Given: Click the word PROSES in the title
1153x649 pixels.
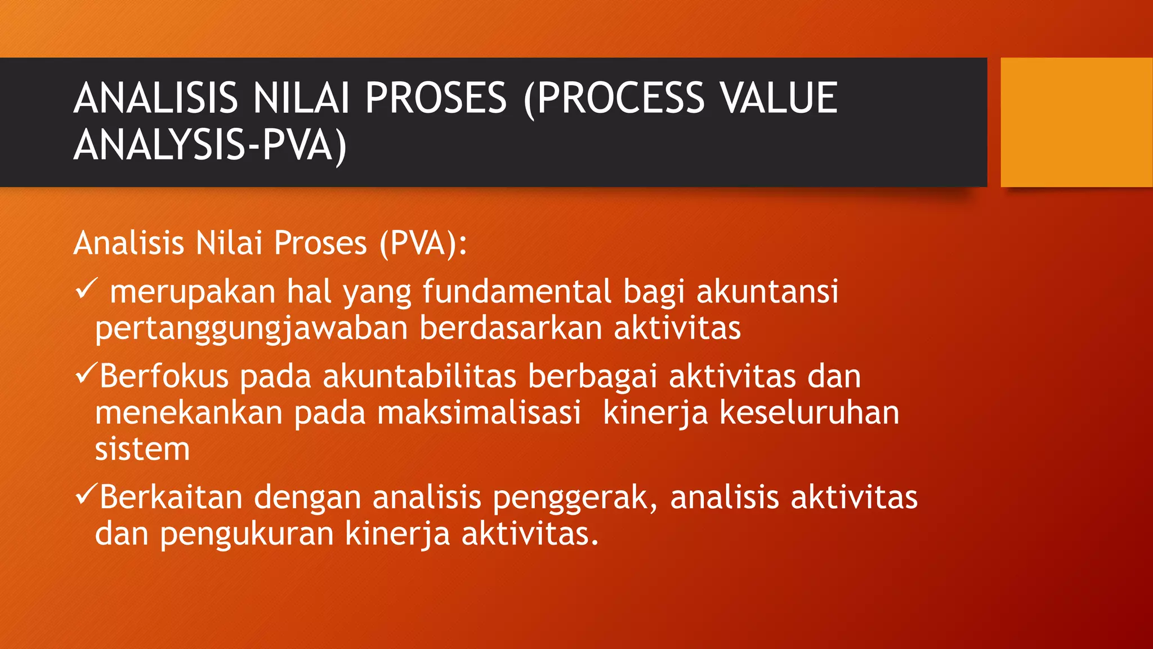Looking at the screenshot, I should pos(436,98).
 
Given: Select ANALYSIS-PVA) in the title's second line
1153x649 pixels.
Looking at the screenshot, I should pos(210,146).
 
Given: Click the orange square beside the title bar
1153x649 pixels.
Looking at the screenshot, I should pos(1076,122).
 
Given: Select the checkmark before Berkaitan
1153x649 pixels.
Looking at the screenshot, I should pos(86,495).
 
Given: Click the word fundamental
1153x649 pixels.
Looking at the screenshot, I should pos(517,292).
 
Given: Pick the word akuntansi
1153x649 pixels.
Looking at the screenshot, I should pos(767,292).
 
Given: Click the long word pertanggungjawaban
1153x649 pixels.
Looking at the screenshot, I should pos(251,329).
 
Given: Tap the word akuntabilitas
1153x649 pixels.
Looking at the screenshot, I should pos(419,376).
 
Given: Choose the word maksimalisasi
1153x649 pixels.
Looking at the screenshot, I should pos(479,413).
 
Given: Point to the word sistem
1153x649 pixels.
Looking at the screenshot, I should pos(142,450).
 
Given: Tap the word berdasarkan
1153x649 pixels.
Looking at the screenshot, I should pos(511,328).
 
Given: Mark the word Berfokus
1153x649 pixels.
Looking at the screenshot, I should pos(164,376).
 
